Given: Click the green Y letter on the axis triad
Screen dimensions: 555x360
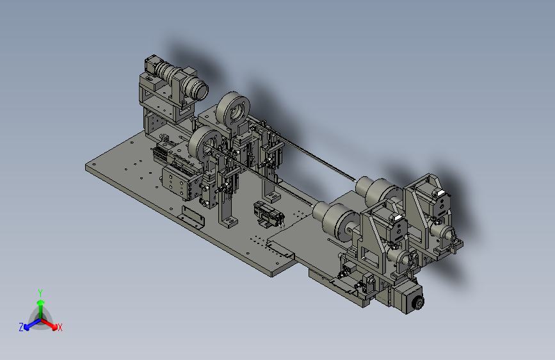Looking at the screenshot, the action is click(40, 293).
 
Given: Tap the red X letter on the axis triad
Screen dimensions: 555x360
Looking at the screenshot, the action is click(60, 327).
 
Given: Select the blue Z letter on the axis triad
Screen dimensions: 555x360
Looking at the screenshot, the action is click(21, 327).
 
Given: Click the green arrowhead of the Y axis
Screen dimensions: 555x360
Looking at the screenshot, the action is click(41, 303).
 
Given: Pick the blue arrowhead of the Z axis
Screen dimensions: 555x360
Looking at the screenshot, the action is click(26, 328).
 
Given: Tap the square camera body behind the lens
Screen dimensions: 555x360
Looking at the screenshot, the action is click(151, 65).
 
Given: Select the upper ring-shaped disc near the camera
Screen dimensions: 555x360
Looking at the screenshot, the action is click(234, 110).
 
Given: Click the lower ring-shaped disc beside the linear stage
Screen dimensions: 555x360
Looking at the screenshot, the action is click(204, 146).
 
